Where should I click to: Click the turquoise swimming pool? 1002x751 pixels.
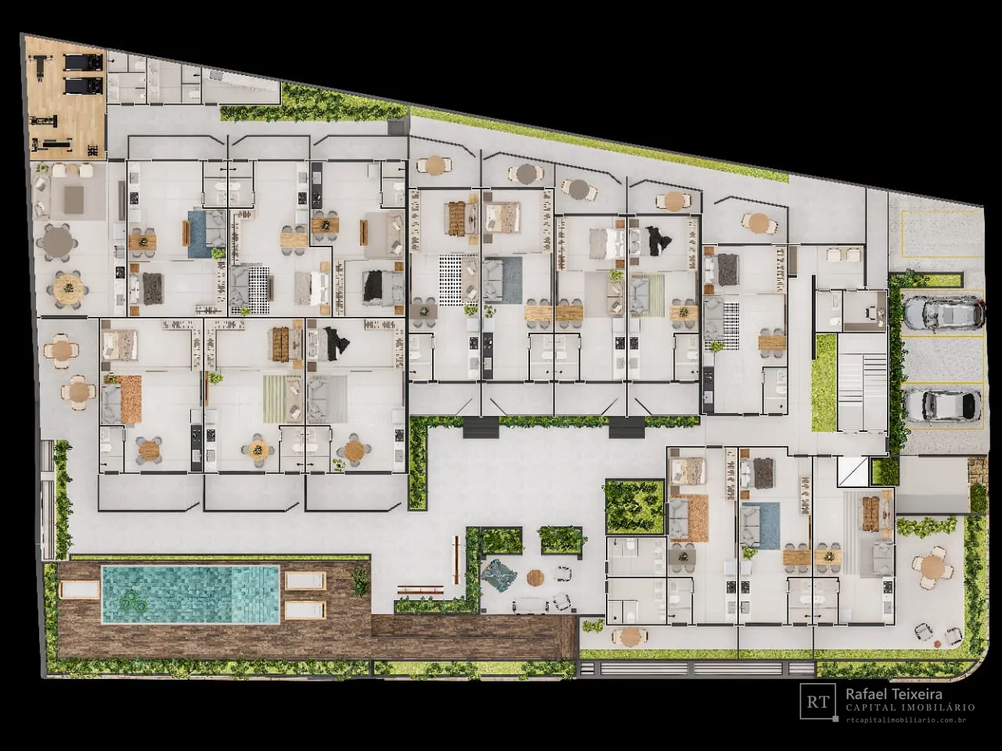click(x=190, y=595)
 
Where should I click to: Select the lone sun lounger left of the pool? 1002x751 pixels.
click(x=78, y=589)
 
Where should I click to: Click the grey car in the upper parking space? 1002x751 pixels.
click(x=943, y=313)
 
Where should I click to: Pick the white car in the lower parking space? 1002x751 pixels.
click(x=943, y=405)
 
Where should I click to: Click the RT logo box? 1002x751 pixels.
click(x=817, y=701)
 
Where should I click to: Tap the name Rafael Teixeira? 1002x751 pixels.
click(x=894, y=695)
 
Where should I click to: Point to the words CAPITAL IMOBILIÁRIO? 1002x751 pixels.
click(x=910, y=708)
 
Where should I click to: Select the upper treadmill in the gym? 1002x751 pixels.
click(x=84, y=62)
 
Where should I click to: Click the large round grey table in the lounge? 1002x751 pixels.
click(x=56, y=241)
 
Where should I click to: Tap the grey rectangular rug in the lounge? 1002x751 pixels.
click(x=74, y=199)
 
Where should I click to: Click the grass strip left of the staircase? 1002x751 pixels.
click(x=824, y=383)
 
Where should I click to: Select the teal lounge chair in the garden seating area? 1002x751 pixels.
click(x=498, y=576)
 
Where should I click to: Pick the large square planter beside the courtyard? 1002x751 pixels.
click(x=634, y=507)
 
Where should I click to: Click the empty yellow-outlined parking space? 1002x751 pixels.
click(x=941, y=234)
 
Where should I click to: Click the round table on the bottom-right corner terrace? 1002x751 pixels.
click(x=932, y=567)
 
